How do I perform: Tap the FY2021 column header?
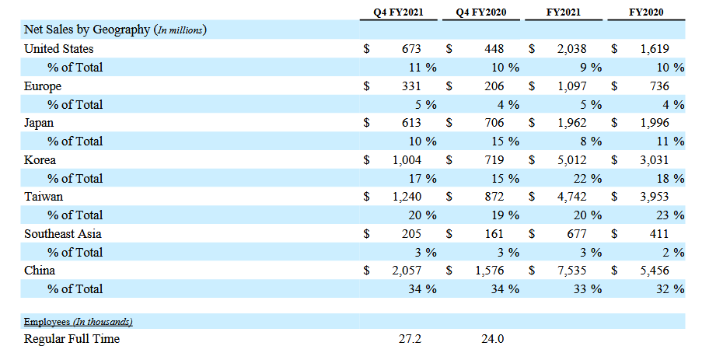564,12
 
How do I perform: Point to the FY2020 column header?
646,12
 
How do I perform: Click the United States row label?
59,49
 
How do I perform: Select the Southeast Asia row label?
63,233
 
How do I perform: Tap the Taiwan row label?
44,197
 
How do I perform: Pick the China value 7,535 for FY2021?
584,271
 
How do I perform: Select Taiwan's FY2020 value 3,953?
666,197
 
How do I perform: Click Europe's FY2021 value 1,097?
584,86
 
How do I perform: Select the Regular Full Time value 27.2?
410,339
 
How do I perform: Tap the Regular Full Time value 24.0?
493,339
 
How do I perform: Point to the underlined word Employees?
48,322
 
